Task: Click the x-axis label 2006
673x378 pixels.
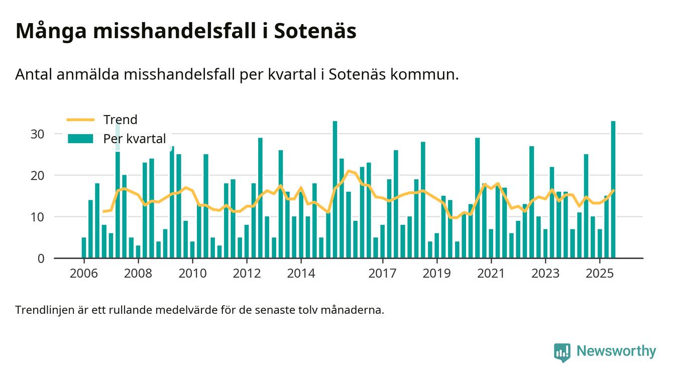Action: (84, 274)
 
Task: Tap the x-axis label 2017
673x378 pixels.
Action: (383, 274)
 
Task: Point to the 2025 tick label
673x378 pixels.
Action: (600, 274)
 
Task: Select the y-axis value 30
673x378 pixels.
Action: (38, 134)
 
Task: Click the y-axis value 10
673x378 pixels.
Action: (38, 217)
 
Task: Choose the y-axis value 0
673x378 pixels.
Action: (41, 259)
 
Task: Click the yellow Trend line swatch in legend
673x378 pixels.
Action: (80, 119)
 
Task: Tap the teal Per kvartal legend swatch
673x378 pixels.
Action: (80, 139)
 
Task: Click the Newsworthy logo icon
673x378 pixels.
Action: (563, 352)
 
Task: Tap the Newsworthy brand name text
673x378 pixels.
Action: (616, 351)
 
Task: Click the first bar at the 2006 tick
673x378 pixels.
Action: (84, 248)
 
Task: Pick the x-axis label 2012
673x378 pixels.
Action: (247, 274)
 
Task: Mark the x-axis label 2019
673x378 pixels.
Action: (437, 274)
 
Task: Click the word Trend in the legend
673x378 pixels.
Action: (120, 119)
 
